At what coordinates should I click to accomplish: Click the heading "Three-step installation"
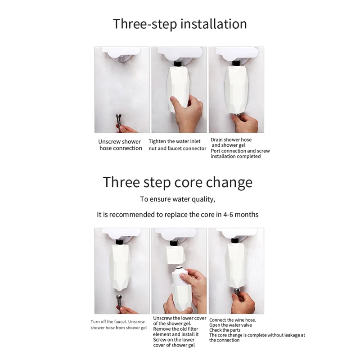pos(180,24)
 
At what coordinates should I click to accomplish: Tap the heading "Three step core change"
pos(178,182)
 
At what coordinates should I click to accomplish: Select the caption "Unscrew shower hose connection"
pos(120,145)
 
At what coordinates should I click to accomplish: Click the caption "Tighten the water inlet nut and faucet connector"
pos(177,145)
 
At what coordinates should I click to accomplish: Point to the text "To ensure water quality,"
pos(178,199)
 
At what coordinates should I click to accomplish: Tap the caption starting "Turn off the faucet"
pos(118,324)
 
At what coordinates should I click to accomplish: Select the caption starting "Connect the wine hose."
pos(257,330)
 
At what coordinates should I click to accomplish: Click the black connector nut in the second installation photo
pos(178,63)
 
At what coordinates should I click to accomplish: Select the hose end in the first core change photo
pos(119,301)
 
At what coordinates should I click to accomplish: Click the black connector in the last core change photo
pos(235,241)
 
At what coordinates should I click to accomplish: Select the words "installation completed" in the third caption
pos(235,156)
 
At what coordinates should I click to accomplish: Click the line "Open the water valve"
pos(230,325)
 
